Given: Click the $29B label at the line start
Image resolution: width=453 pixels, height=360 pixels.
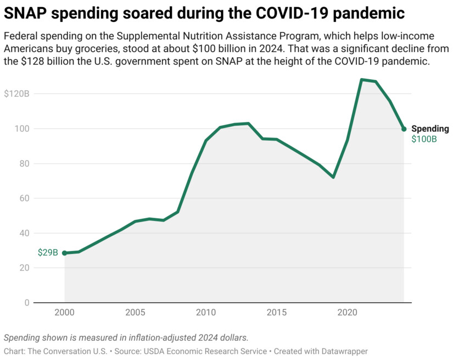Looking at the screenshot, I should [48, 253].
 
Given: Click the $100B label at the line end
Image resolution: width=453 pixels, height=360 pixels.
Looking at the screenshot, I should [424, 139].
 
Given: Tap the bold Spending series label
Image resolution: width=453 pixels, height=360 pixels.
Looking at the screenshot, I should [430, 129].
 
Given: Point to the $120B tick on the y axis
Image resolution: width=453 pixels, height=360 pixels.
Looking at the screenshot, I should [16, 94].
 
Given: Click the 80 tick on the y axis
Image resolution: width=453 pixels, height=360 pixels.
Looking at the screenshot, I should [24, 163].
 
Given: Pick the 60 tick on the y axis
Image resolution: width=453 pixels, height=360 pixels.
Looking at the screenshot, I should [24, 198].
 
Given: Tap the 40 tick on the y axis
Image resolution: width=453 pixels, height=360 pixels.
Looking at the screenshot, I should [24, 233].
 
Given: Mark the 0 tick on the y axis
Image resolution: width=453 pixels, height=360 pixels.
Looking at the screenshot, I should [26, 303].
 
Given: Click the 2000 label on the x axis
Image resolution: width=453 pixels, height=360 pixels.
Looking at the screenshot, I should [65, 313].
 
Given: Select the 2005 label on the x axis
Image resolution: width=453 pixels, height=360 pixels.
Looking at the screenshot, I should [135, 313].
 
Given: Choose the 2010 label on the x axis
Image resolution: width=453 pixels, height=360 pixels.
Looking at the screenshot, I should [206, 313].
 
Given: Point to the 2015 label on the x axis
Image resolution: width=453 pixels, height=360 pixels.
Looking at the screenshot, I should [277, 313].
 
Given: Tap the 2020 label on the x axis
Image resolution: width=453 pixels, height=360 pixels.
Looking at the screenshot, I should [347, 313].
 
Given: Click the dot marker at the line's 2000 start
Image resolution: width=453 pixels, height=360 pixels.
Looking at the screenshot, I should [65, 253].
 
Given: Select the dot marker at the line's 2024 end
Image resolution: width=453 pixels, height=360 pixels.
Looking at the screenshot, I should [404, 129].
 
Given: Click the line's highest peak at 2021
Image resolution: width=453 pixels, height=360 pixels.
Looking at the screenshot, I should [361, 80].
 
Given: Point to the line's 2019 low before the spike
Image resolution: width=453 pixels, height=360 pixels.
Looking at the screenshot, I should [333, 177].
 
